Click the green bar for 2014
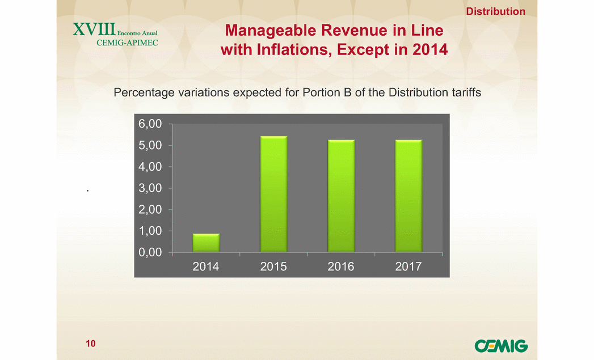point(206,243)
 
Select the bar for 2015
point(273,194)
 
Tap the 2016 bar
point(342,196)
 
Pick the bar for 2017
point(408,196)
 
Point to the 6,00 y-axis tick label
point(150,124)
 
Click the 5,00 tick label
point(150,145)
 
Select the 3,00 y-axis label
point(150,188)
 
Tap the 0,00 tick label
point(150,252)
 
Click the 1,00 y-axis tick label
point(150,231)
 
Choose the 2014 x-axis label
point(206,266)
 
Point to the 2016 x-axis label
point(341,266)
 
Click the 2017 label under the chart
point(408,266)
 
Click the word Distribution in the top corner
point(495,11)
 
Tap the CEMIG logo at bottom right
point(501,346)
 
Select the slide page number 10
point(91,344)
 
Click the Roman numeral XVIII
point(94,29)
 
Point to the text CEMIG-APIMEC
point(127,43)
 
